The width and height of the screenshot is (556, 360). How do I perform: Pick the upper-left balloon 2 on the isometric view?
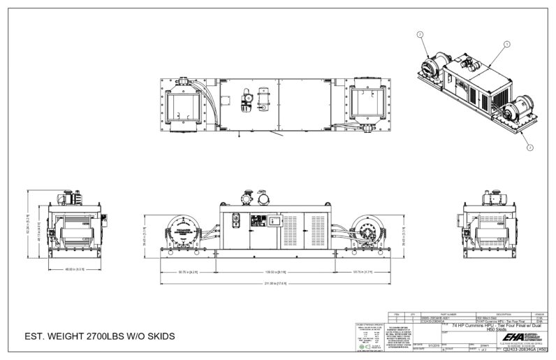tap(419, 33)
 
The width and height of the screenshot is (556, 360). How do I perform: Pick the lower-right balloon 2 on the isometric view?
tap(530, 146)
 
